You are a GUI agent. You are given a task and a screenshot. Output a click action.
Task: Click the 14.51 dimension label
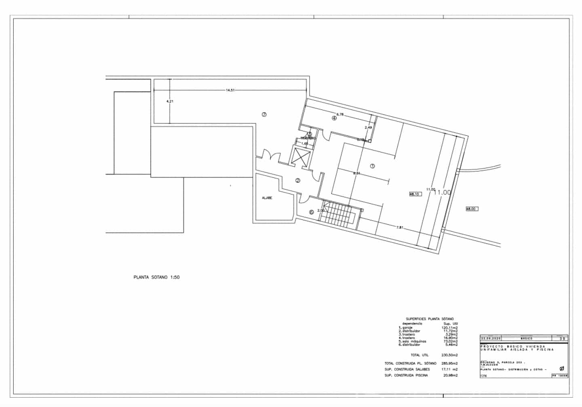[x=230, y=90]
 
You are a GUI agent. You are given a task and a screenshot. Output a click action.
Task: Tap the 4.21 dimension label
[x=170, y=101]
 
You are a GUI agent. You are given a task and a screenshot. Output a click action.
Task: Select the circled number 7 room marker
[x=264, y=114]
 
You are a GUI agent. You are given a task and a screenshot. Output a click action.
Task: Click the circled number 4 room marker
[x=334, y=118]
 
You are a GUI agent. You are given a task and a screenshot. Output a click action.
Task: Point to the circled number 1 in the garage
[x=372, y=166]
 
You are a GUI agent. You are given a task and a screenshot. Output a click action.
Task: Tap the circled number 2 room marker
[x=298, y=181]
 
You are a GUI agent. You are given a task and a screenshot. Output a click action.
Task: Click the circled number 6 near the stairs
[x=311, y=212]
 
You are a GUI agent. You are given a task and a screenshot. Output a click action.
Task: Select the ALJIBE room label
[x=267, y=198]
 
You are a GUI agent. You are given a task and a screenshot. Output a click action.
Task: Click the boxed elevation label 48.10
[x=415, y=194]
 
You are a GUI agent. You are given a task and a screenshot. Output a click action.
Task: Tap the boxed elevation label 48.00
[x=471, y=209]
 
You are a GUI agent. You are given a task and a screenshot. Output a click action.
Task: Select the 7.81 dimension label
[x=400, y=228]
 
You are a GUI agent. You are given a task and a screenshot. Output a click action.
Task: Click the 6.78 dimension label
[x=340, y=114]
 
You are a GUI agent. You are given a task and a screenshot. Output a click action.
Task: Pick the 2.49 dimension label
[x=368, y=128]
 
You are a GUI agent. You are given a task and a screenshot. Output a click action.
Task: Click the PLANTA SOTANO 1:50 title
[x=156, y=278]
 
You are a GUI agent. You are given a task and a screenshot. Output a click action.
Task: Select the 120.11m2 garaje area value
[x=450, y=327]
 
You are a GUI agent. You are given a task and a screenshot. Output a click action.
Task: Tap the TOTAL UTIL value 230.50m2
[x=450, y=355]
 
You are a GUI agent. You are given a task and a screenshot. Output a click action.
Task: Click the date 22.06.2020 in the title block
[x=490, y=339]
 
